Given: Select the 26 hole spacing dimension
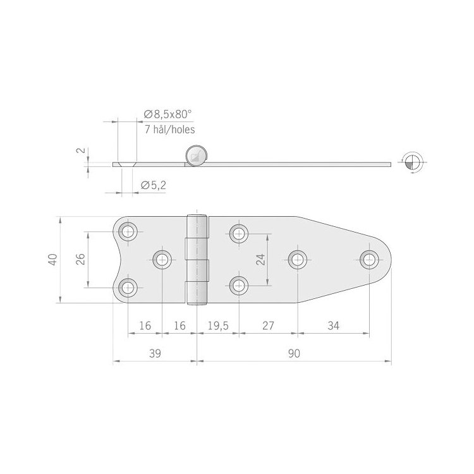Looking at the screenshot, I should [80, 260].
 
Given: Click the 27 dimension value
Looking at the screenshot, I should [268, 325].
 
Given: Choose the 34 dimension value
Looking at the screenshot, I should [334, 325].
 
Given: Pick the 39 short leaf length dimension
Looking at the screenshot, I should [155, 355].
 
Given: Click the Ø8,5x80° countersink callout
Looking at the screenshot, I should [167, 114].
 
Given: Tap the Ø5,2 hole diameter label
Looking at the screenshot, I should [154, 185].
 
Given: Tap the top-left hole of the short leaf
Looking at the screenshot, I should [129, 231].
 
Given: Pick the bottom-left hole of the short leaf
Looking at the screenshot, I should [129, 288].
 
